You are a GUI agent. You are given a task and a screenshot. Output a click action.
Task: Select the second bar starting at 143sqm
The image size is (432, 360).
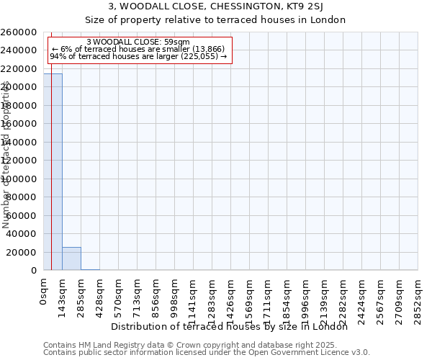71,258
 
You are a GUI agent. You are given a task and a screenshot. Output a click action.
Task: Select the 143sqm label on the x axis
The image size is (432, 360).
63,294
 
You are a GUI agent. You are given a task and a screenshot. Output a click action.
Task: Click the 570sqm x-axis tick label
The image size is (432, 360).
119,294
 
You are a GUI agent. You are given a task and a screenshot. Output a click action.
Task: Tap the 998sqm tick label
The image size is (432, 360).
175,294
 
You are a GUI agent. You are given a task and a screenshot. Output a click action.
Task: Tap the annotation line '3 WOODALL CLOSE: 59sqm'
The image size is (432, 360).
138,42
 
